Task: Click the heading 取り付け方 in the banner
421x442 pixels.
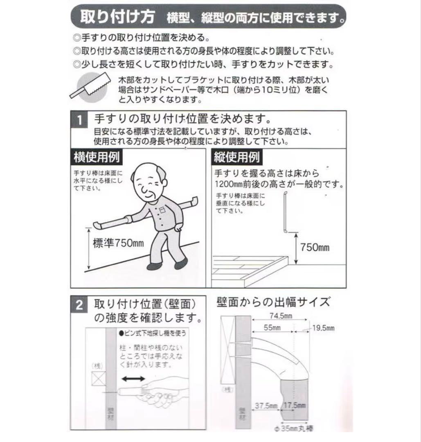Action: point(117,17)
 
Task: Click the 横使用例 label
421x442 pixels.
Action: point(96,157)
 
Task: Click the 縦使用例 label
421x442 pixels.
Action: point(236,157)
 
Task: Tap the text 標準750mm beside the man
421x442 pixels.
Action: point(118,244)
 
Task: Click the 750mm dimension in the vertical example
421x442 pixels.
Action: point(315,247)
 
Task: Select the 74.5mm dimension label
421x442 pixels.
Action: point(280,316)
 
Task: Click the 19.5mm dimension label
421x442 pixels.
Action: point(323,328)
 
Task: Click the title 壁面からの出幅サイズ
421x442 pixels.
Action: point(272,302)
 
